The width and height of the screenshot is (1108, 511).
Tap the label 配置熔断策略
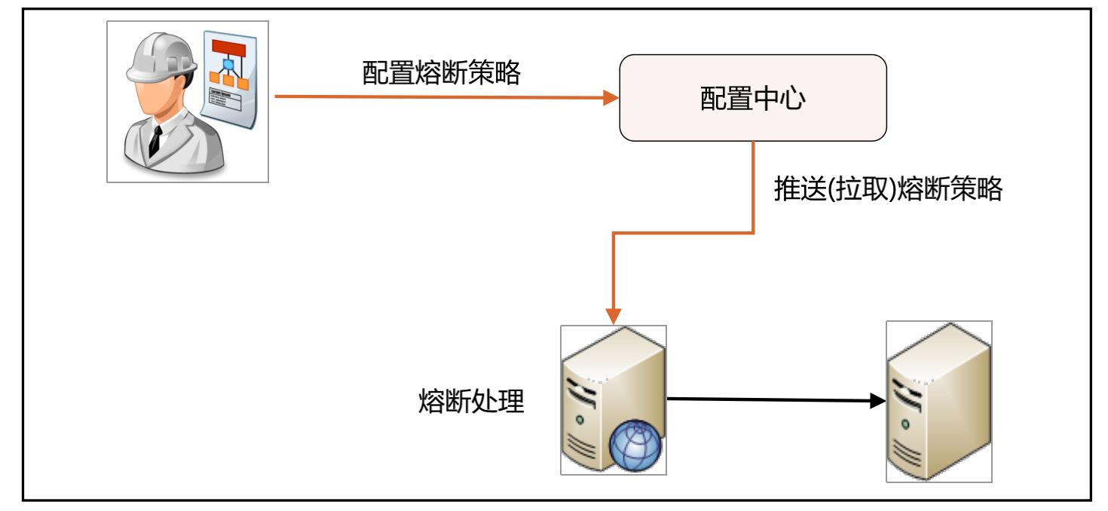tap(441, 73)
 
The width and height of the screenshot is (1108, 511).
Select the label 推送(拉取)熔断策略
tap(888, 189)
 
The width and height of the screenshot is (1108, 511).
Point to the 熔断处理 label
tap(470, 401)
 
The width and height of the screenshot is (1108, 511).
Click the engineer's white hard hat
tap(161, 57)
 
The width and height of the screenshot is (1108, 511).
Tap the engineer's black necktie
tap(155, 140)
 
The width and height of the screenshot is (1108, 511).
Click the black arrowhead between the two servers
tap(877, 401)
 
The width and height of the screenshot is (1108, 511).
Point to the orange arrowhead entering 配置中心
tap(611, 98)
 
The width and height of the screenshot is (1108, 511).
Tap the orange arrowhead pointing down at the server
tap(614, 314)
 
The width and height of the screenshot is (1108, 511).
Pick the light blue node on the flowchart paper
tap(228, 65)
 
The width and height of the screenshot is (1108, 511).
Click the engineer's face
tap(158, 94)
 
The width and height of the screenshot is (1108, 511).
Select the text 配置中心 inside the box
tap(752, 99)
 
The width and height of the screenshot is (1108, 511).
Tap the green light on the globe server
tap(580, 419)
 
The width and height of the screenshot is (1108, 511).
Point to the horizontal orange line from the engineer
tap(437, 97)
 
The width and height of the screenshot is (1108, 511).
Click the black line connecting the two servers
tap(769, 399)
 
